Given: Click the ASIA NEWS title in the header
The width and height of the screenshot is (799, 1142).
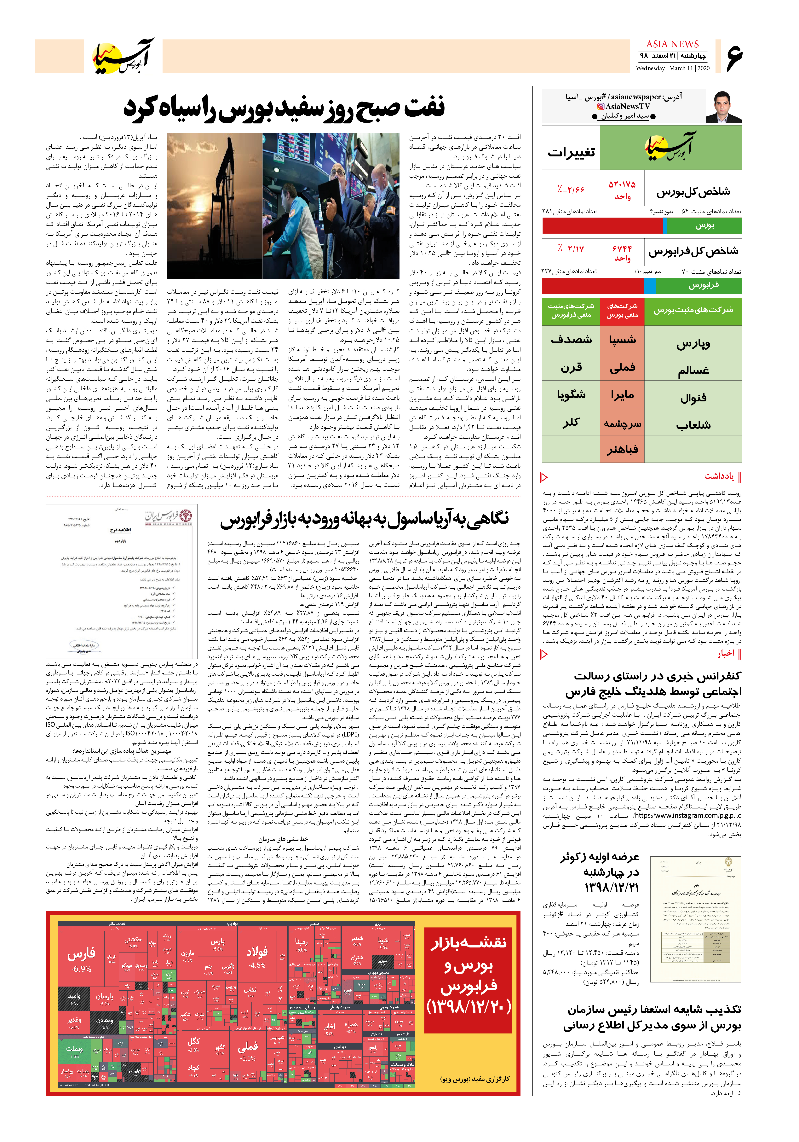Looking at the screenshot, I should coord(672,44).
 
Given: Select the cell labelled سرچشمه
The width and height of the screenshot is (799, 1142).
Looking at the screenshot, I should coord(622,424).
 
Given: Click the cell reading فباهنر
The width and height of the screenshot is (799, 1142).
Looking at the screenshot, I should coord(622,450).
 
